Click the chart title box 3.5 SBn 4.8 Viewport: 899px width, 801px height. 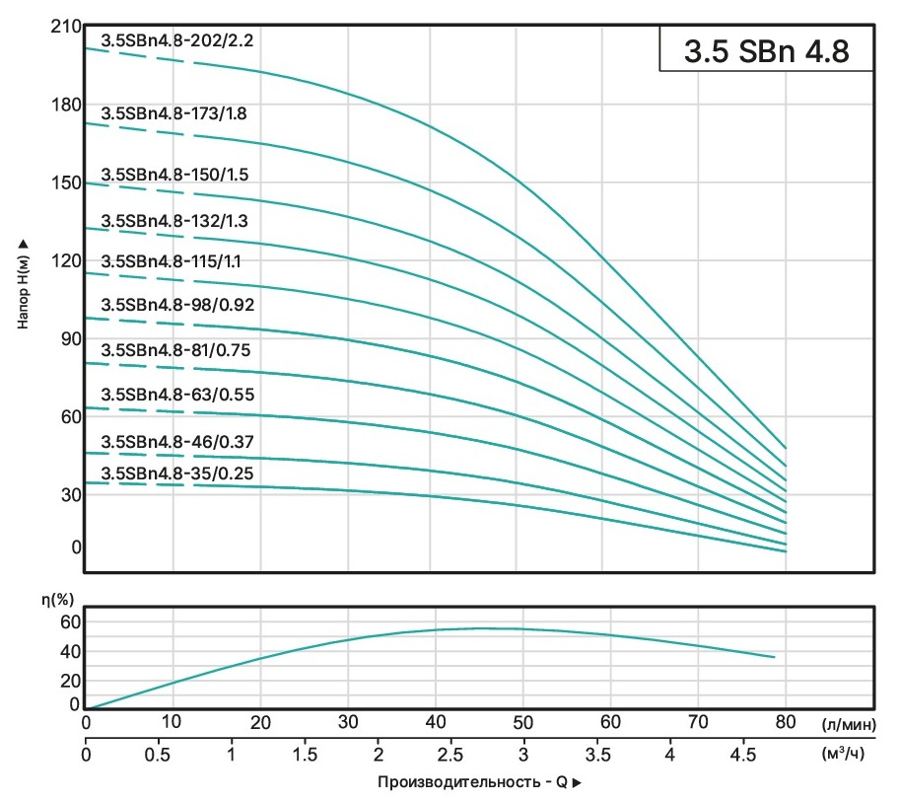[x=766, y=50]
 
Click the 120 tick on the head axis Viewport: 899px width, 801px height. [x=63, y=261]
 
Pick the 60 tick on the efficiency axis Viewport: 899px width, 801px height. [x=69, y=621]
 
